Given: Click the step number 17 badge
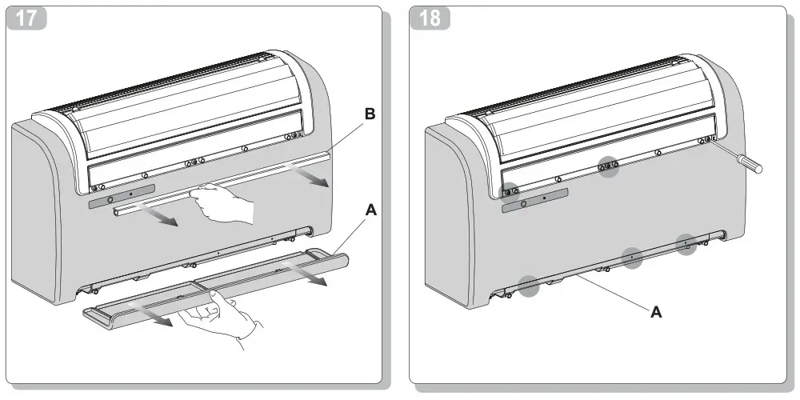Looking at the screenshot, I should click(x=26, y=18).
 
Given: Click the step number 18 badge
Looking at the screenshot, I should click(x=430, y=18).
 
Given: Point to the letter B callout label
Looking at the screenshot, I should click(x=370, y=115).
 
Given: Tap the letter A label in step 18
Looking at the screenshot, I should click(x=656, y=313).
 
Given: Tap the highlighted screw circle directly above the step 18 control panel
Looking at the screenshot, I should click(x=508, y=190).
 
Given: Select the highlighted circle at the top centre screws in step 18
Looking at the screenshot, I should click(x=610, y=166).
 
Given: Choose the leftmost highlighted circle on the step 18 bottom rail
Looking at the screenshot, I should click(x=527, y=286).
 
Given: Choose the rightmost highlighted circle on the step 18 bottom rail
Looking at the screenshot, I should click(x=686, y=244).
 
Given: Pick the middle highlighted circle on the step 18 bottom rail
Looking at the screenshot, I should click(x=632, y=258).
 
